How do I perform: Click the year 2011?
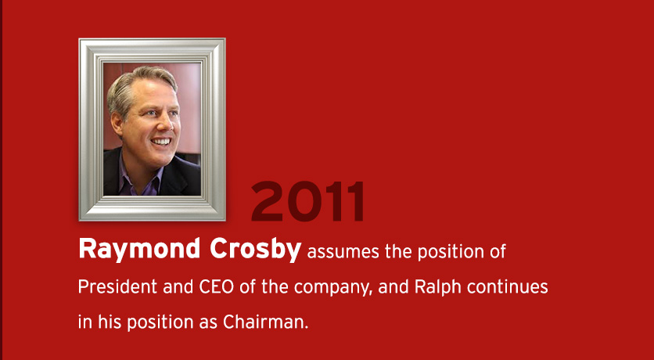coord(307,201)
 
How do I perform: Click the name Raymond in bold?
coord(139,249)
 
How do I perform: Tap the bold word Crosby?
coord(255,249)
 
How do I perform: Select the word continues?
coord(507,286)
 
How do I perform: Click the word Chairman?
coord(265,322)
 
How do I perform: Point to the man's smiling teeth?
coord(161,141)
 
